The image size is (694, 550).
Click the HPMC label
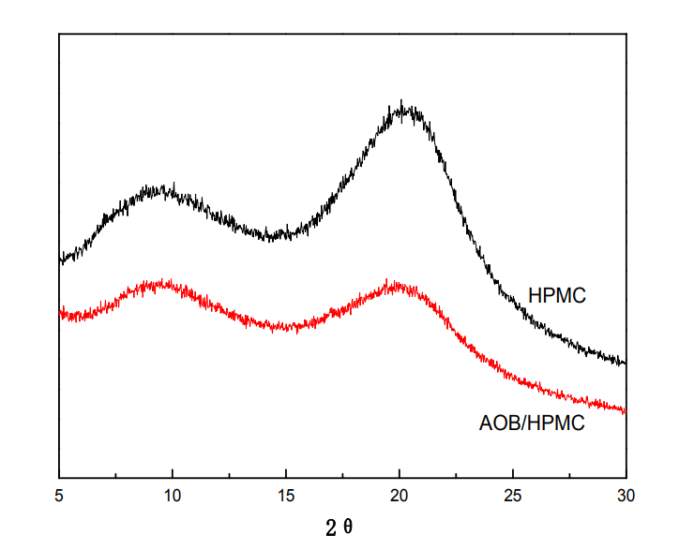coord(557,296)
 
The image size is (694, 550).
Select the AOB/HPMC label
coord(532,423)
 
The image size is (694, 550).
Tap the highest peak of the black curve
coord(401,103)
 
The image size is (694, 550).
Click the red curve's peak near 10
coord(165,282)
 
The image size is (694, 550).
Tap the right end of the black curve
coord(625,363)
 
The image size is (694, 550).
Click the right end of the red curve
coord(625,410)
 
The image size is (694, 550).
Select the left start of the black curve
coord(60,259)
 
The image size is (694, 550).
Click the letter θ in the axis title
coord(348,527)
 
